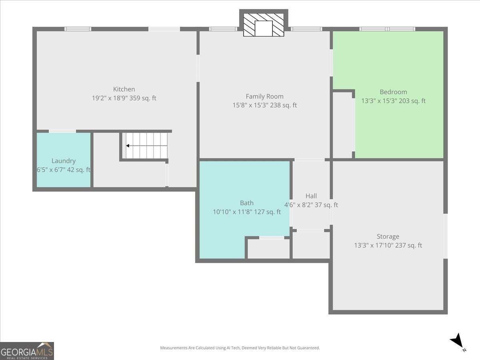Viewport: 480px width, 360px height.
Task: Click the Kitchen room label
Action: (124, 89)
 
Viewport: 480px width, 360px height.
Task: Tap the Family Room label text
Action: (264, 96)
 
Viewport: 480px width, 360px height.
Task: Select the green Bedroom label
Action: (393, 92)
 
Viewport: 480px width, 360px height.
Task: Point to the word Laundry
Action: (64, 161)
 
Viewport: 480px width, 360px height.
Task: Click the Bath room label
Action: (247, 203)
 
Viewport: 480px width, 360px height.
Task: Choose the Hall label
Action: (311, 196)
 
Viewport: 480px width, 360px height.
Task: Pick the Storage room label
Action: (388, 236)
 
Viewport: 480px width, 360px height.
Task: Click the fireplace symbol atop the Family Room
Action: (264, 25)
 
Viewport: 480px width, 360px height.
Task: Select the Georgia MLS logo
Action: (27, 351)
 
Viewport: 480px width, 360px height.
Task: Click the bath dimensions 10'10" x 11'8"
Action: (232, 212)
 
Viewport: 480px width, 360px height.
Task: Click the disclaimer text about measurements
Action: (240, 348)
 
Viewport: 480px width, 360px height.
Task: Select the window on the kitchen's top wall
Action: (78, 29)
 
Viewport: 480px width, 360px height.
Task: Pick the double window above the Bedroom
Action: (387, 29)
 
